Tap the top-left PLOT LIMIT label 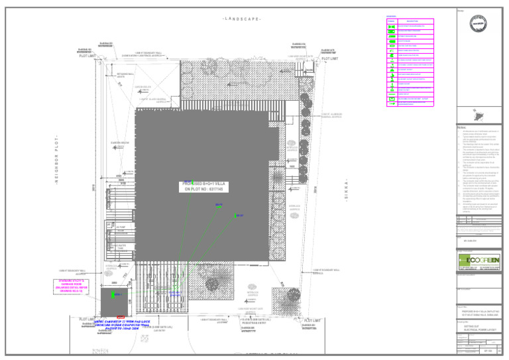pyautogui.click(x=88, y=56)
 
